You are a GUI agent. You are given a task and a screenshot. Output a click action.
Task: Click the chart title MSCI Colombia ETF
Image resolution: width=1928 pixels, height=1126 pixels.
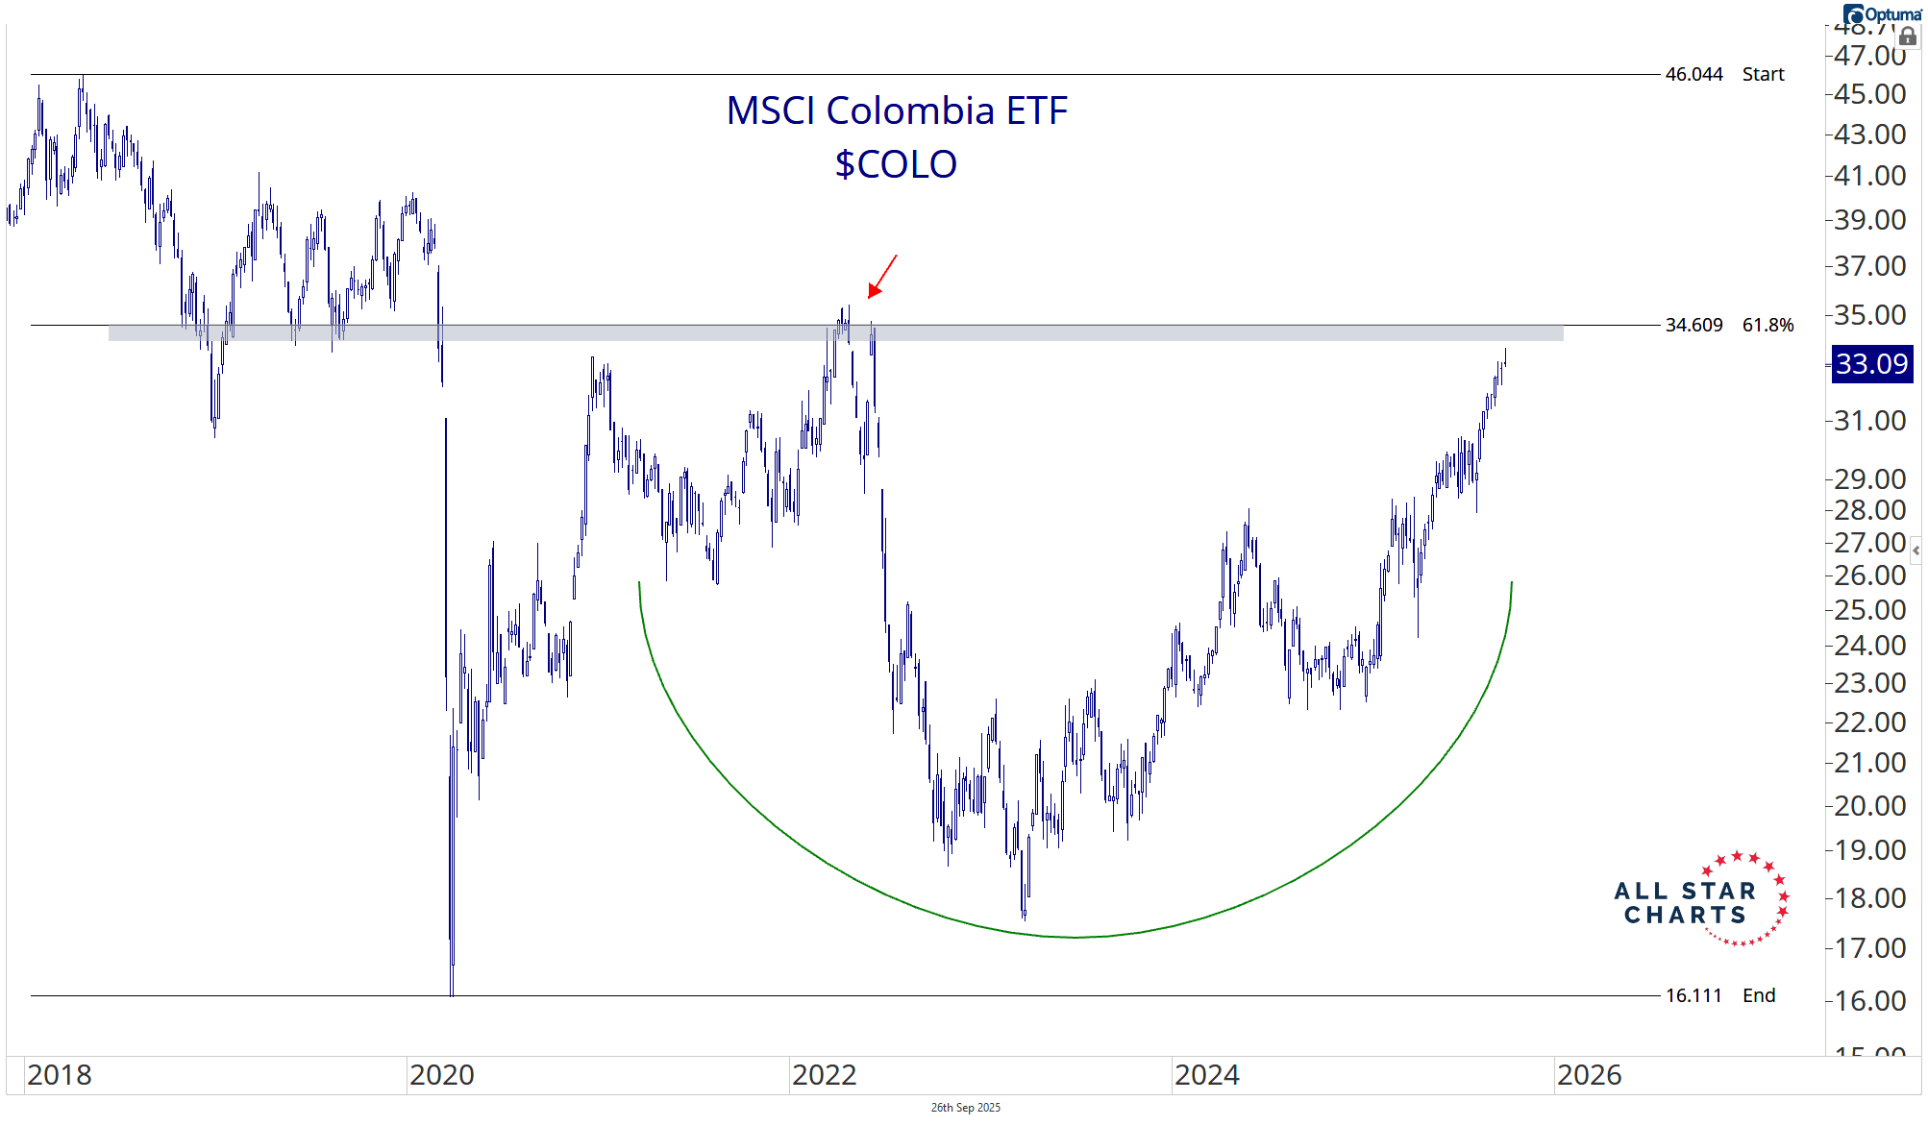896,110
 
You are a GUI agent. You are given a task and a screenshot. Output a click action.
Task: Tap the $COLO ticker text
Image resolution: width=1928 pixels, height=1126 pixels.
896,164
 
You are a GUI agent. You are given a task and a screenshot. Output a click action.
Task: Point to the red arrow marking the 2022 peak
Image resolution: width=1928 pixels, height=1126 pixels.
881,277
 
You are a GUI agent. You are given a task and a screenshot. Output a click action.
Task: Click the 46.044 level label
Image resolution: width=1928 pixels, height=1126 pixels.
1693,74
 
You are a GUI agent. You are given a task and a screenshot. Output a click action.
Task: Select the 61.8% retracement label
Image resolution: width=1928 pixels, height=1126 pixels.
1767,325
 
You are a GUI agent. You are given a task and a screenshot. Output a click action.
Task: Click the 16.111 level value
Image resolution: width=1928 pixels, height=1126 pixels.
1693,995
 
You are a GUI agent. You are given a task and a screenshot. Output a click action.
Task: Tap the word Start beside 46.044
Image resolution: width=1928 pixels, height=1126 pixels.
1763,74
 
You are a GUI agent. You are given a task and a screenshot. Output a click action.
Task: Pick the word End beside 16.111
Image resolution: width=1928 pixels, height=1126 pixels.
1759,995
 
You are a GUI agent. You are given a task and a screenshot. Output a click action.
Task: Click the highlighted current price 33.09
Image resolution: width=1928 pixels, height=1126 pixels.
1870,364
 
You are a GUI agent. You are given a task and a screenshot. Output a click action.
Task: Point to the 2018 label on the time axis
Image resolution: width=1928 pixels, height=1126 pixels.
60,1074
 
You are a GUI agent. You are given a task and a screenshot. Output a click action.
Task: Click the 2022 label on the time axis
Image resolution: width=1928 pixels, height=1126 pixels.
824,1074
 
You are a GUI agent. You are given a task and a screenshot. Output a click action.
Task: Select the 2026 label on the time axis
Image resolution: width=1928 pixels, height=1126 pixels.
1589,1074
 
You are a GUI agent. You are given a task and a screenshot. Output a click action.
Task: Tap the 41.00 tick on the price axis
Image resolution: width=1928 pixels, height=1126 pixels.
1869,176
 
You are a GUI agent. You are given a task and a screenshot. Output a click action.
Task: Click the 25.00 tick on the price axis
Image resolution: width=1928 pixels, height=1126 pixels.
1869,609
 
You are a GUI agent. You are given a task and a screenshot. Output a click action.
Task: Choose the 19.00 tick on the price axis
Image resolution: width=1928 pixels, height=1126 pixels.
1869,849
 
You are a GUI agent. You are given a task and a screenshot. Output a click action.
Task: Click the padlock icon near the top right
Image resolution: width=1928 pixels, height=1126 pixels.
1908,37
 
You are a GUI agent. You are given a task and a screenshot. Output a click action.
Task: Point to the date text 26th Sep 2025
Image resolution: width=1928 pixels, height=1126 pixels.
965,1108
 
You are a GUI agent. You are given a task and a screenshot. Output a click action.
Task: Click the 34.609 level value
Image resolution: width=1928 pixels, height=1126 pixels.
1693,325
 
